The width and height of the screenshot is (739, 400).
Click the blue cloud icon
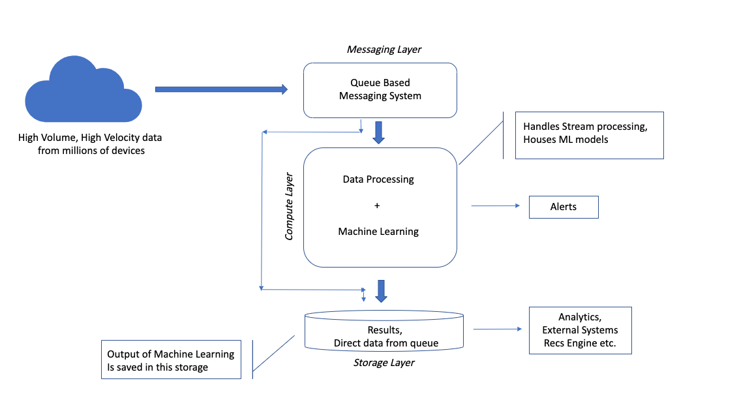point(83,93)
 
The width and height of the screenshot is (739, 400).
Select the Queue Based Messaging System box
point(380,90)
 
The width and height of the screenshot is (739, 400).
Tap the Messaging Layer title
point(384,50)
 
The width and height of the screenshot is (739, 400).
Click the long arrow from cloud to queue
point(220,89)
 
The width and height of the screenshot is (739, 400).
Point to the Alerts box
point(564,207)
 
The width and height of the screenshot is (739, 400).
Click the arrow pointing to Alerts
point(496,206)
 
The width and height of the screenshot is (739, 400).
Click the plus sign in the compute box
point(377,206)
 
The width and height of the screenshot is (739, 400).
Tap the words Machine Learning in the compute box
point(378,231)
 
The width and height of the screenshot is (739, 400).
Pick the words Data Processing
point(378,179)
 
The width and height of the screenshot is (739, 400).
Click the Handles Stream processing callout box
point(589,135)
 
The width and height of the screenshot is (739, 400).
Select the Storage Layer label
point(385,362)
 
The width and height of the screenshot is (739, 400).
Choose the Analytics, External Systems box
point(580,330)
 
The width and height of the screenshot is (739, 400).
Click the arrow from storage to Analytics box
point(498,330)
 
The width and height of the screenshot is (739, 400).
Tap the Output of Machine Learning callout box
point(171,360)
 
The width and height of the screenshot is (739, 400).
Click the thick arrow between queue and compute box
point(378,132)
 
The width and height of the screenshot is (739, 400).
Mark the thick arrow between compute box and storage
point(382,290)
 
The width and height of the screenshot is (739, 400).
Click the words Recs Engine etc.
point(580,343)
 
